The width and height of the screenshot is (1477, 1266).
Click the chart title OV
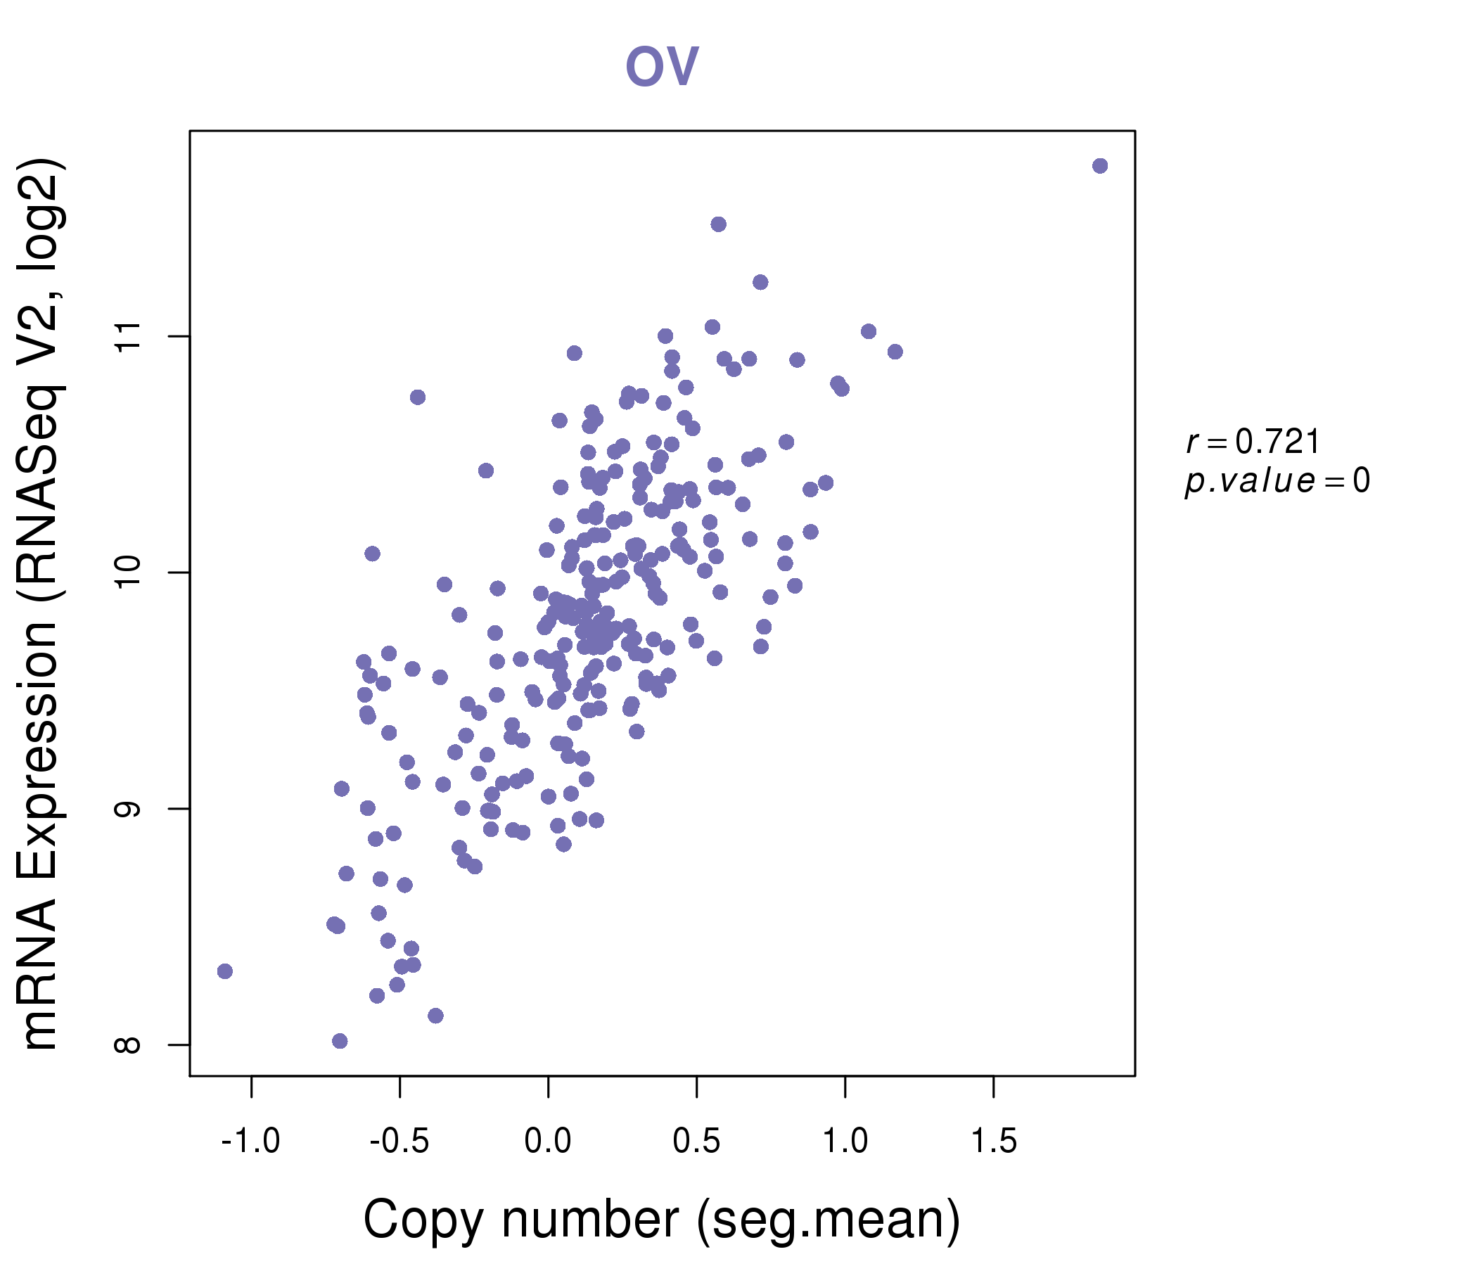tap(662, 66)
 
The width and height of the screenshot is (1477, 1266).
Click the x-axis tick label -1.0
tap(251, 1142)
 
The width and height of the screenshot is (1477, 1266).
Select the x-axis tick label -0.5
tap(399, 1142)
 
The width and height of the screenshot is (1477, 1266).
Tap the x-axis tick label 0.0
tap(547, 1142)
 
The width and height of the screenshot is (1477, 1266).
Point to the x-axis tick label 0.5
tap(696, 1142)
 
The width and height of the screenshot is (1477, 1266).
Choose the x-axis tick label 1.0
tap(845, 1142)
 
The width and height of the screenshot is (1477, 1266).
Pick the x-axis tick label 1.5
tap(994, 1142)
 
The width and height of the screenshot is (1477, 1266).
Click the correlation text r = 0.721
tap(1253, 442)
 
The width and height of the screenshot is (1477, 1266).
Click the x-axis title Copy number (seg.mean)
tap(662, 1220)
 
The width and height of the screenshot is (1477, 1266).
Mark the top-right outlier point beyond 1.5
tap(1100, 166)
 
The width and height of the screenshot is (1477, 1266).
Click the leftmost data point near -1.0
tap(225, 971)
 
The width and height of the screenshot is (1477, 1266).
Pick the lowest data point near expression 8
tap(340, 1041)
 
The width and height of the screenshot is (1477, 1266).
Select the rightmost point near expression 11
tap(895, 352)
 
